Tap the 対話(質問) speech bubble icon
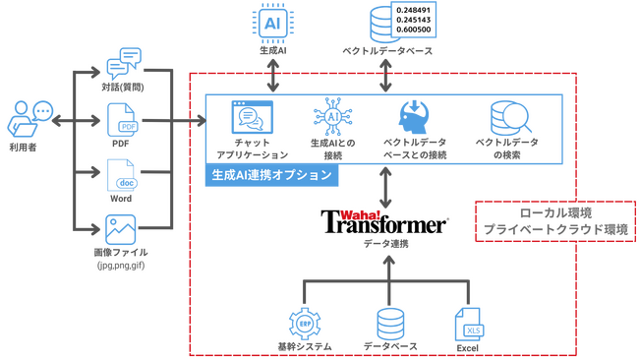click(x=121, y=64)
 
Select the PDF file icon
click(x=121, y=121)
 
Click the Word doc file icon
click(x=121, y=176)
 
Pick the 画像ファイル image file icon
click(x=120, y=230)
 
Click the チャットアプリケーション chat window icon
click(x=250, y=117)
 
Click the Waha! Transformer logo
click(x=385, y=221)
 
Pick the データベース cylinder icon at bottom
click(x=391, y=322)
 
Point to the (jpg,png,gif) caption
click(x=122, y=266)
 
